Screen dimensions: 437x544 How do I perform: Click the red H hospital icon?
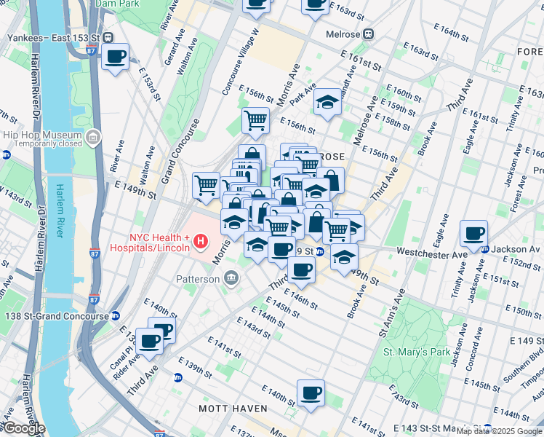pos(203,239)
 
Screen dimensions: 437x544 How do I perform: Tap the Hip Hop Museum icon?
pos(93,138)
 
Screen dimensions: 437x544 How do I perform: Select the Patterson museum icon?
pos(231,278)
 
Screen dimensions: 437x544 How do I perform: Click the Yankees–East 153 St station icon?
pos(108,37)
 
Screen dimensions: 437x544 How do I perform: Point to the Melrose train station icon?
pos(368,33)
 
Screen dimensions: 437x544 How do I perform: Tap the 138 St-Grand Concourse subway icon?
pos(115,316)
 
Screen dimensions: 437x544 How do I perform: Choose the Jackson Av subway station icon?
pos(485,249)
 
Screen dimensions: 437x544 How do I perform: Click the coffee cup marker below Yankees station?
pos(115,57)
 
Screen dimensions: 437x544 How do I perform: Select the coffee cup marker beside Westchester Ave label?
pos(473,234)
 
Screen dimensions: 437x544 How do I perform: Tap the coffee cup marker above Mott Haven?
pos(311,393)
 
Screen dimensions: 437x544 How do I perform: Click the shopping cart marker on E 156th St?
pos(255,120)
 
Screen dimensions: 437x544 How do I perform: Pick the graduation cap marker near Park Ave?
pos(328,103)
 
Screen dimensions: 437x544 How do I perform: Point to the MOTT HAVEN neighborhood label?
pos(233,409)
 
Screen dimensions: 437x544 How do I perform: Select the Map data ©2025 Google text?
pos(499,431)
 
